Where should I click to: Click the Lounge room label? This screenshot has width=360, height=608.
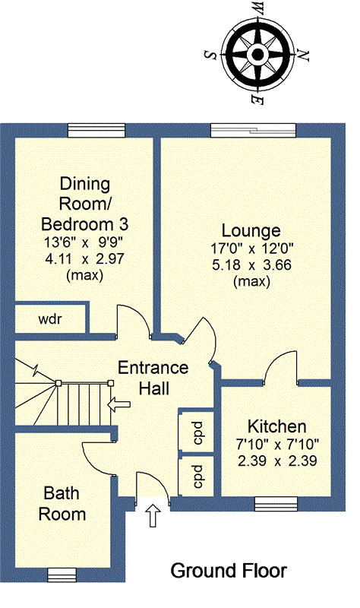click(251, 230)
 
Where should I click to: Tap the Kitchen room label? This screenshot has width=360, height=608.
click(277, 426)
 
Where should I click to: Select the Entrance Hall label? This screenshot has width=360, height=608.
click(153, 378)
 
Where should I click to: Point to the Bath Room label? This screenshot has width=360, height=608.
click(62, 503)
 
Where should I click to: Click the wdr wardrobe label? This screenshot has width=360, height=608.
click(50, 319)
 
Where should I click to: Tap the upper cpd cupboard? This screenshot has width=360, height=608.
click(198, 432)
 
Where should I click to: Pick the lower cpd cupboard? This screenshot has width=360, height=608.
click(198, 477)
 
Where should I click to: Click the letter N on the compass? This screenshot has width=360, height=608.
click(305, 55)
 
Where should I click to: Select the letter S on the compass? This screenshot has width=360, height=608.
click(210, 55)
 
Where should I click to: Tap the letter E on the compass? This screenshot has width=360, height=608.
click(257, 100)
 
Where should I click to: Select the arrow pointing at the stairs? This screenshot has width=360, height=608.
click(118, 405)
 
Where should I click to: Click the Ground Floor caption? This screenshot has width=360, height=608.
click(229, 571)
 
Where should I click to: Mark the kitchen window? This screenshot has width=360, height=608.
click(276, 504)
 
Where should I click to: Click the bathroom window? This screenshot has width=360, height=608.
click(62, 575)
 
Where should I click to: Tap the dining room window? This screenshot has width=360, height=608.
click(96, 130)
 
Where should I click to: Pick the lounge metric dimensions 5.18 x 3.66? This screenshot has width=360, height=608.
click(251, 264)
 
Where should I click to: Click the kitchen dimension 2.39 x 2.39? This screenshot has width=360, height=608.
click(277, 461)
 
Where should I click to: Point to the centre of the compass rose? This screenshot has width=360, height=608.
click(257, 54)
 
